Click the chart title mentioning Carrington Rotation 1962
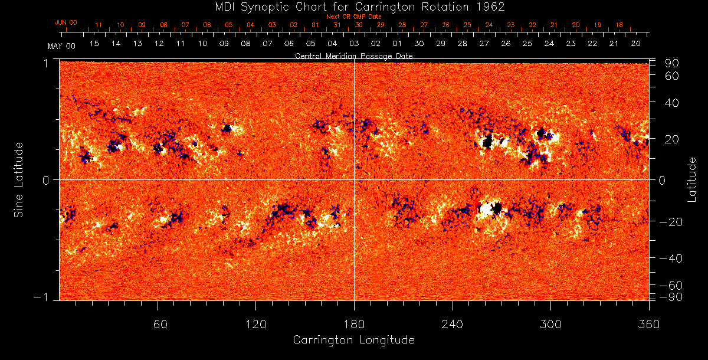tap(353, 6)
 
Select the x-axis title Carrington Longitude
tap(353, 340)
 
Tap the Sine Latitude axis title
tap(19, 179)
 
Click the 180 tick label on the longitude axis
tap(354, 324)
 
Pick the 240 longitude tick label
tap(452, 324)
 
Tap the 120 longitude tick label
tap(256, 324)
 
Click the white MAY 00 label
tap(62, 45)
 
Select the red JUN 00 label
tap(65, 22)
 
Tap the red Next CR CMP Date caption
tap(353, 17)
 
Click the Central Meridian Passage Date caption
tap(353, 55)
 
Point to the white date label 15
tap(94, 44)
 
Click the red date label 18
tap(618, 25)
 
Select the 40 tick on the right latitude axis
tap(673, 103)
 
